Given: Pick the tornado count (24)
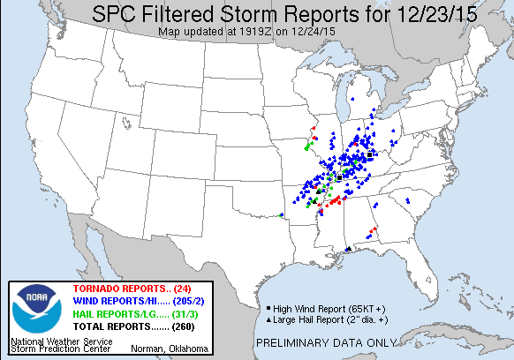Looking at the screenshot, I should (184, 289).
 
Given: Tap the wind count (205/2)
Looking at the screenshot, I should (187, 302).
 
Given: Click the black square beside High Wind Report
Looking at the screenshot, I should (267, 306).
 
